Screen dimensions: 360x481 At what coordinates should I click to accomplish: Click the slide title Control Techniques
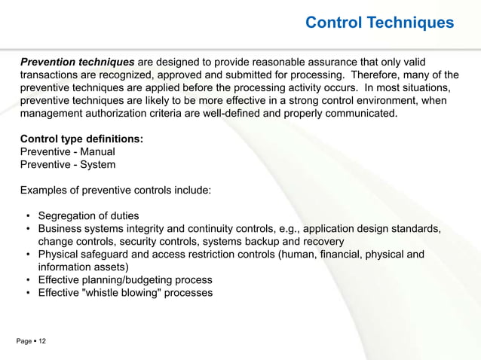pyautogui.click(x=379, y=23)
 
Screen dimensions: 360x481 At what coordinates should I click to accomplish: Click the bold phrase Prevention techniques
pyautogui.click(x=77, y=61)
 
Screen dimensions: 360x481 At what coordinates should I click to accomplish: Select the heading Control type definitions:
pyautogui.click(x=81, y=139)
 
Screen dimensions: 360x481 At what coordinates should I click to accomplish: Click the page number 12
pyautogui.click(x=42, y=342)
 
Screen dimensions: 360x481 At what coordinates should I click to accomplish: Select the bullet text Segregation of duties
pyautogui.click(x=88, y=215)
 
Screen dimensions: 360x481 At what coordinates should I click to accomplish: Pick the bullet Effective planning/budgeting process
pyautogui.click(x=124, y=279)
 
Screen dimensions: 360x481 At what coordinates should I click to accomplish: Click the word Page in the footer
pyautogui.click(x=23, y=342)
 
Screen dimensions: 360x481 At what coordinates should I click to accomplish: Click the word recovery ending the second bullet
pyautogui.click(x=322, y=241)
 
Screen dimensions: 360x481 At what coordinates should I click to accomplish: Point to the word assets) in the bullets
pyautogui.click(x=112, y=267)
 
